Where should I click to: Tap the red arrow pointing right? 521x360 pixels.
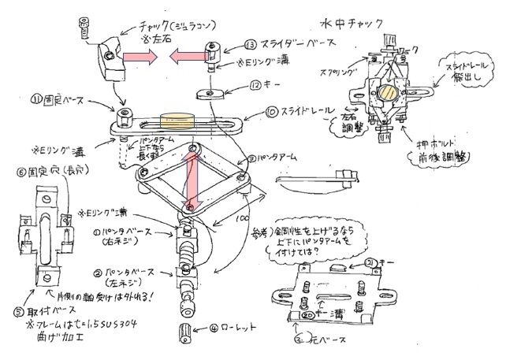click(143, 57)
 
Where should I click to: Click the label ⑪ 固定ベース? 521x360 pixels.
click(60, 100)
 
